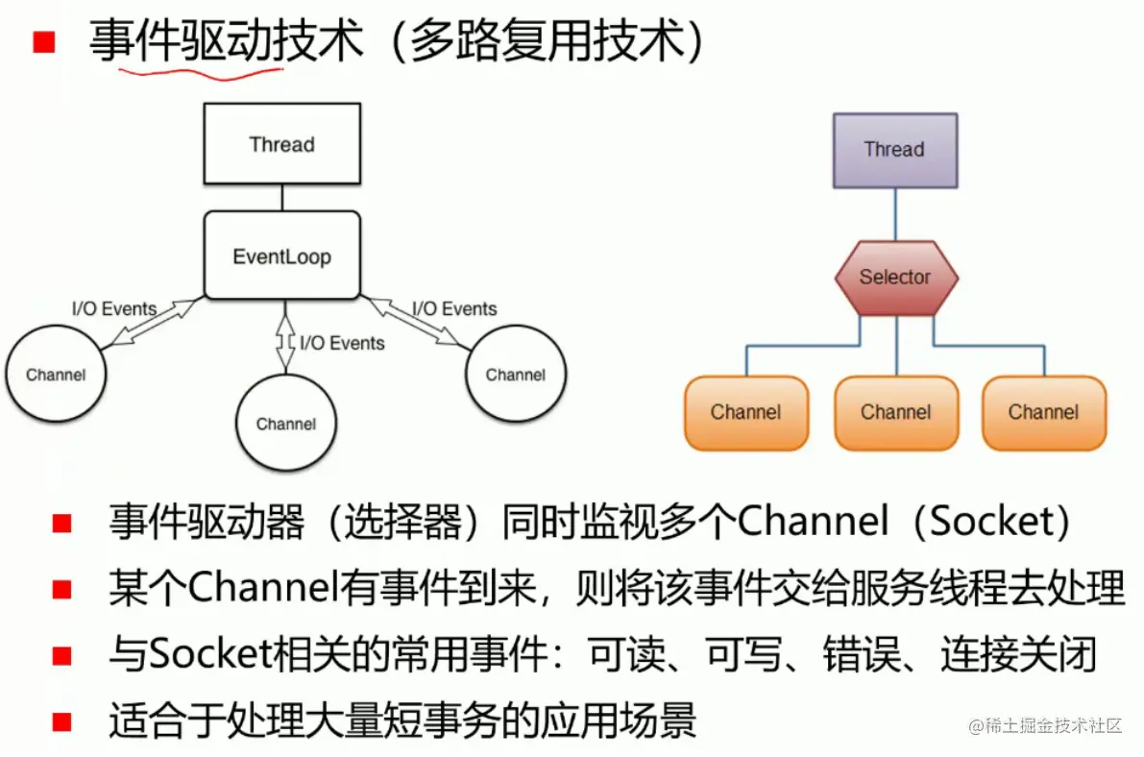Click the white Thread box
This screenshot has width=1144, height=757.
[x=281, y=144]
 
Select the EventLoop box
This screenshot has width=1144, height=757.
[x=281, y=256]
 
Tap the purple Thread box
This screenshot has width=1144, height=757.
[x=894, y=150]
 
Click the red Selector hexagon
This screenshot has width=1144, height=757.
[x=895, y=278]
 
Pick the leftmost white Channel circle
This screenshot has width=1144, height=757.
[x=56, y=375]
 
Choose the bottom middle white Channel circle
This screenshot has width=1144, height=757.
[x=285, y=424]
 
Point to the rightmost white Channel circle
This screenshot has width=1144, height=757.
[x=516, y=375]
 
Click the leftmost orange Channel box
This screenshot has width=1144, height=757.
[x=746, y=413]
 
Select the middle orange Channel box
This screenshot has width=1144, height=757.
[x=896, y=413]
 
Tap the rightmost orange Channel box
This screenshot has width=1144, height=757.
[x=1044, y=413]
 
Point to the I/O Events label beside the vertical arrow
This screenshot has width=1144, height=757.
[x=342, y=343]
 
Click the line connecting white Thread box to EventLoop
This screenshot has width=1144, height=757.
[x=281, y=198]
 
